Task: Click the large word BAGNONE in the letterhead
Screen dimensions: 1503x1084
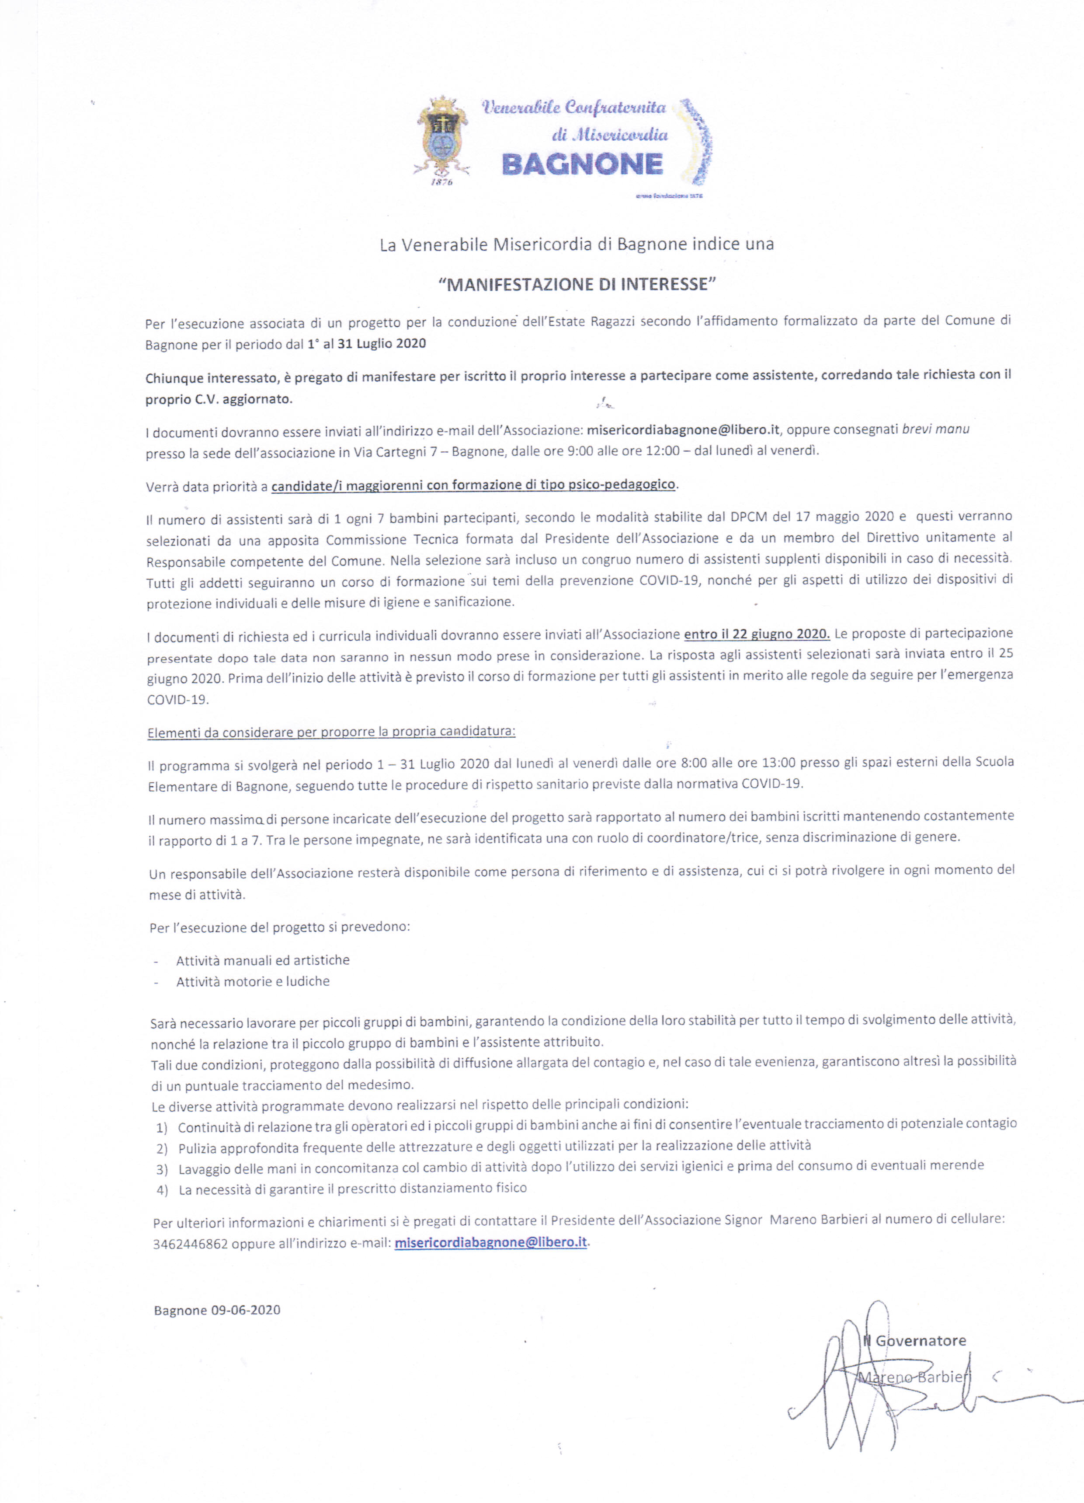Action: pyautogui.click(x=582, y=164)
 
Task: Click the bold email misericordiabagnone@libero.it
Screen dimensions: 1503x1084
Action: pyautogui.click(x=682, y=429)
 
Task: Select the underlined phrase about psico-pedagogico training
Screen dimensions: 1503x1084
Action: pyautogui.click(x=473, y=485)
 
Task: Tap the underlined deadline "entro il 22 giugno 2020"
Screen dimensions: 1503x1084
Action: pyautogui.click(x=757, y=634)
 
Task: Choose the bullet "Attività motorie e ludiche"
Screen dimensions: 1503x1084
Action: pyautogui.click(x=253, y=981)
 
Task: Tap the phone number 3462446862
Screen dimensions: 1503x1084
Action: pyautogui.click(x=190, y=1244)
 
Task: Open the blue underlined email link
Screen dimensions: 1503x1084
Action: pyautogui.click(x=490, y=1242)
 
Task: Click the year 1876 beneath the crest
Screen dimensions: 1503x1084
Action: pyautogui.click(x=442, y=182)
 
